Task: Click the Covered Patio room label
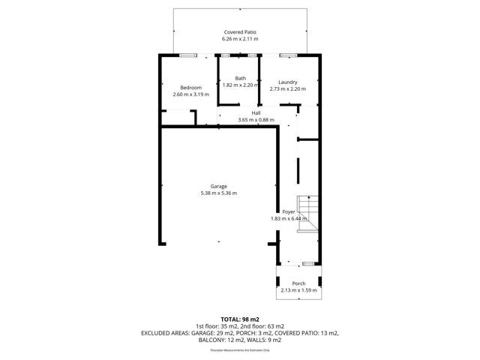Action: click(240, 32)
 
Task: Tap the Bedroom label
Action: click(191, 88)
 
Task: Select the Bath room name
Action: click(240, 78)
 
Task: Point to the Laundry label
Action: click(287, 82)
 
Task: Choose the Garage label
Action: click(218, 186)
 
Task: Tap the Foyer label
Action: click(289, 212)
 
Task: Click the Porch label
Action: click(298, 283)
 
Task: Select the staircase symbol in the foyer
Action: click(307, 214)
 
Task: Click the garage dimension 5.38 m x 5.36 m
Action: click(218, 193)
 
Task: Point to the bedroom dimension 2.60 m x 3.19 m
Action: click(191, 94)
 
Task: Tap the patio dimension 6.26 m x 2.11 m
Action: click(240, 39)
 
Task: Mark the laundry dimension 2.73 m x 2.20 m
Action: click(287, 89)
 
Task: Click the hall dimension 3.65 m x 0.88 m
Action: click(256, 120)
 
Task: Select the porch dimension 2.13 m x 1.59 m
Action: click(298, 290)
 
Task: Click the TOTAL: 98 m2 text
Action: click(240, 319)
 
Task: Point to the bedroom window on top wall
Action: click(188, 55)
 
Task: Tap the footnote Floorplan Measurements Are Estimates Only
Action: click(240, 349)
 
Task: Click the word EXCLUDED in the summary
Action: click(159, 333)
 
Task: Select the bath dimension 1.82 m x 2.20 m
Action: click(240, 85)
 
